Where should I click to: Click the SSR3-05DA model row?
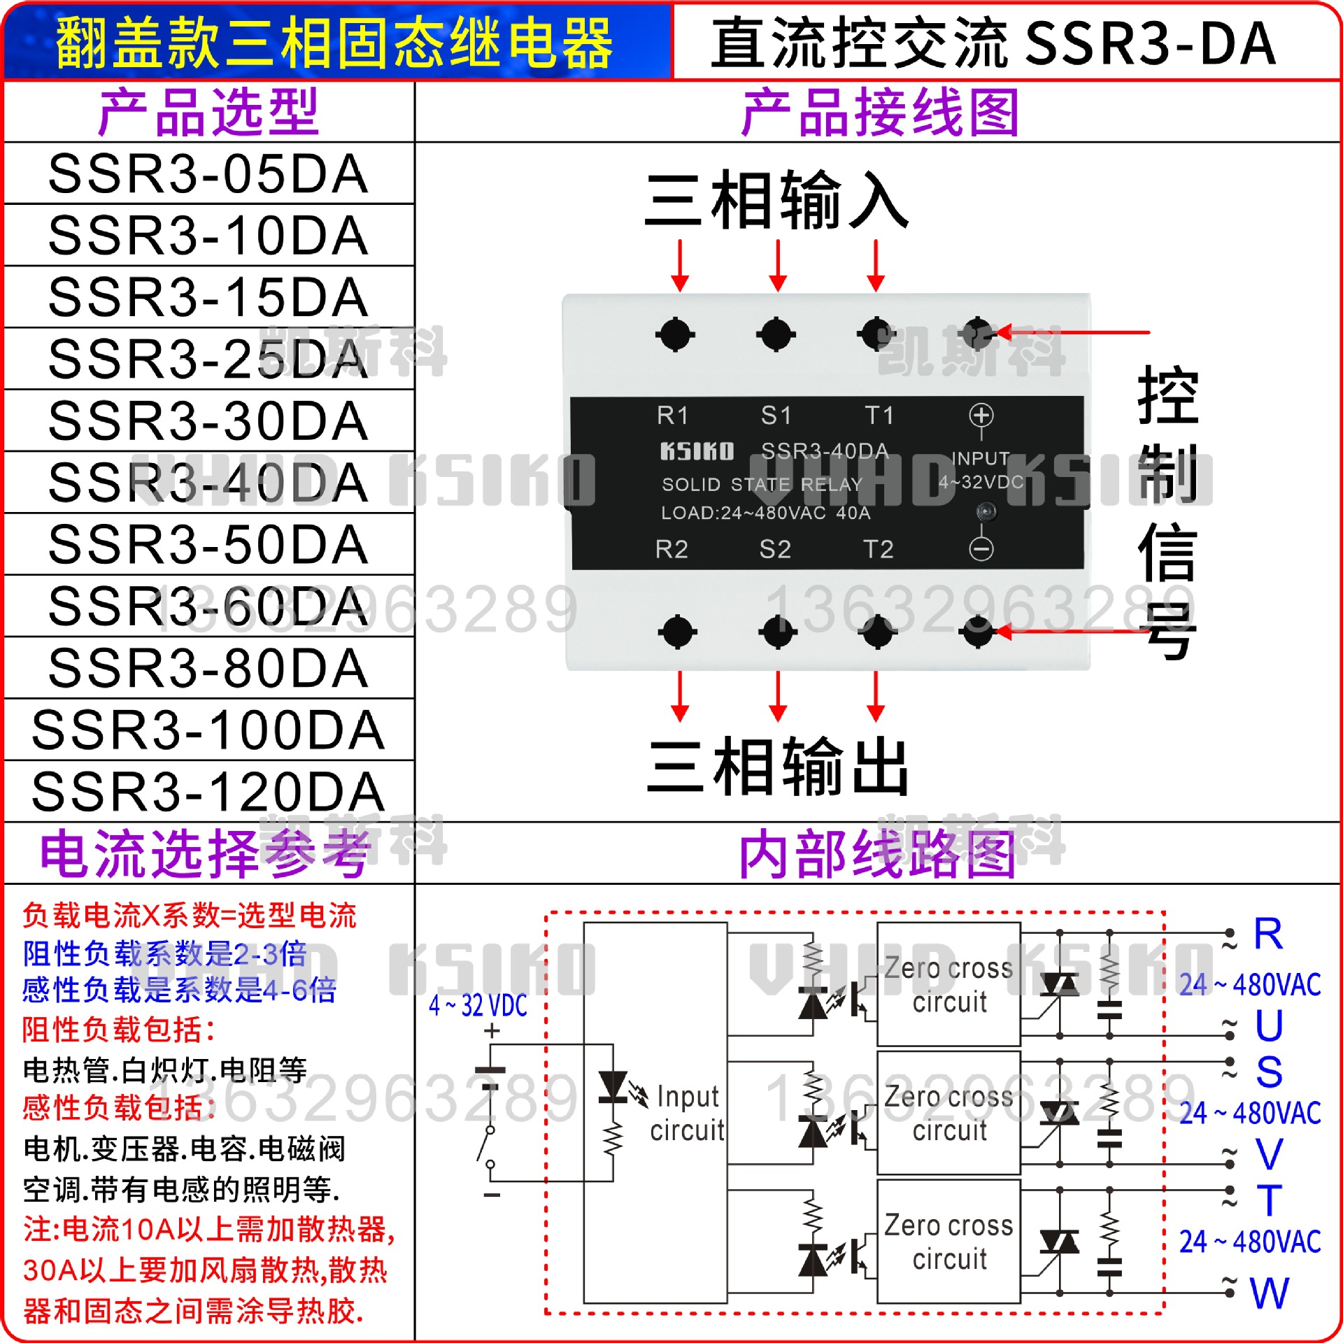[208, 173]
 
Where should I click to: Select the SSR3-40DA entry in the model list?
[208, 483]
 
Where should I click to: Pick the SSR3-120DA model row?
[208, 792]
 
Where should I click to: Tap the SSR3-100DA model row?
[208, 730]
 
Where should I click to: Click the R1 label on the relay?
[672, 415]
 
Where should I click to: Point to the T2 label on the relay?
[878, 549]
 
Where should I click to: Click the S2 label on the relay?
[775, 549]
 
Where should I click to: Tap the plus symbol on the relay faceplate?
[981, 415]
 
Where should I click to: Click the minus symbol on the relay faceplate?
[981, 549]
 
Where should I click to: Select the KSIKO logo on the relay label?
[697, 451]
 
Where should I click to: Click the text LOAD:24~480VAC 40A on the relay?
[766, 513]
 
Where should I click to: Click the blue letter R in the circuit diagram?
[1268, 934]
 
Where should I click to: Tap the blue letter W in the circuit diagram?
[1269, 1294]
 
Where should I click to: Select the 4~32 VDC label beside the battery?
[478, 1006]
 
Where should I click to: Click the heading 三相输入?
[776, 201]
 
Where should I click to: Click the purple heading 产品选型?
[208, 112]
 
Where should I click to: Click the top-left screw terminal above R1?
[675, 334]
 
